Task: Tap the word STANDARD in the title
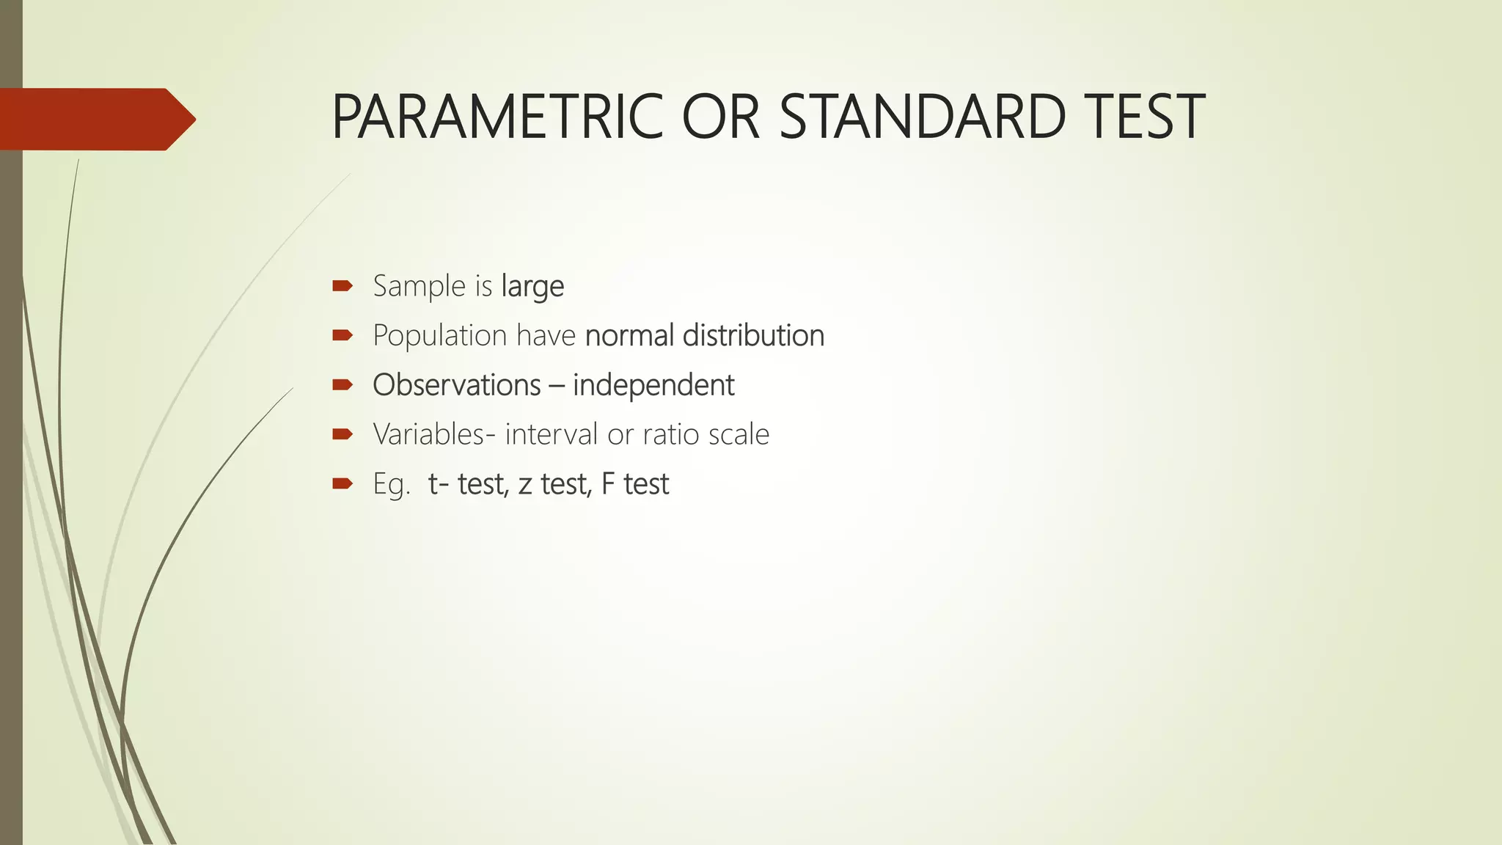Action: pos(922,117)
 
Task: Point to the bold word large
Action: pos(532,287)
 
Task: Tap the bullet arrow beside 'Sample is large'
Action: pos(342,285)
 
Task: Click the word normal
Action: pos(630,336)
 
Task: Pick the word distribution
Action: pos(753,336)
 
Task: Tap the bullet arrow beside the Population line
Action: pos(342,335)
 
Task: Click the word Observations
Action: pos(457,385)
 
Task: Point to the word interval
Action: pos(552,434)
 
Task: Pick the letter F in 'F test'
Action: pos(608,484)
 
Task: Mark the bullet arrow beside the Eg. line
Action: pos(342,483)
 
